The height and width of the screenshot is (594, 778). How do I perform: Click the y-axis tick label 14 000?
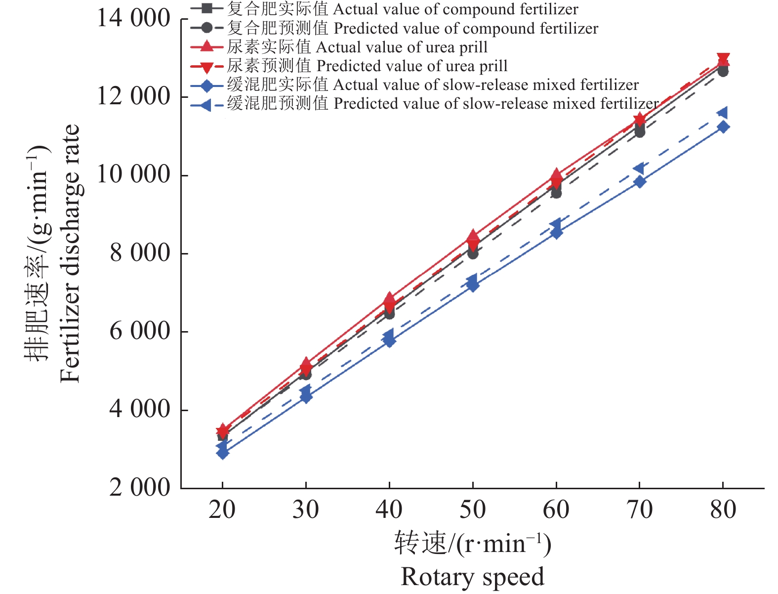[x=133, y=19]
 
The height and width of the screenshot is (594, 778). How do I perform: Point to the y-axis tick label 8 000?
[x=139, y=253]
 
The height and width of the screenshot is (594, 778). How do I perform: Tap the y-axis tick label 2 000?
[x=139, y=488]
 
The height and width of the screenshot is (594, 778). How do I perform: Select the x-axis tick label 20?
[x=222, y=510]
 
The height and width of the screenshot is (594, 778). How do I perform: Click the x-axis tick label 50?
[x=473, y=510]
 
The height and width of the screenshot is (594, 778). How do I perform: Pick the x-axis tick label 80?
[x=723, y=510]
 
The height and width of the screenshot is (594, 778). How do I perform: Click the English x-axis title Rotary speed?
[x=472, y=577]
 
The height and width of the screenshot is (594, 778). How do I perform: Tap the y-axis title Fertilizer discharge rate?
[x=70, y=254]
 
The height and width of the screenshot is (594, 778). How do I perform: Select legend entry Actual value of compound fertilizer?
[x=403, y=9]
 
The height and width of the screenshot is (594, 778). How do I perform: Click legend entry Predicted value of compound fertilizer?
[x=412, y=28]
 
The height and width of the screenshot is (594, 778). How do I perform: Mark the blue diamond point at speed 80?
[x=723, y=127]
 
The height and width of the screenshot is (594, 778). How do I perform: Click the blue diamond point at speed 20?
[x=223, y=453]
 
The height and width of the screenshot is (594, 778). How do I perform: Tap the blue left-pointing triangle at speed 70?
[x=639, y=168]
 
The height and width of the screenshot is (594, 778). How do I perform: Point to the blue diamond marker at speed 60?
[x=557, y=232]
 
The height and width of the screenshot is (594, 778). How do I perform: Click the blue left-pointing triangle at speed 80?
[x=723, y=113]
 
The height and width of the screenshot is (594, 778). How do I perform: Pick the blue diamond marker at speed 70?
[x=640, y=182]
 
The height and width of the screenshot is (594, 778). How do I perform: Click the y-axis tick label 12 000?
[x=133, y=97]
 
